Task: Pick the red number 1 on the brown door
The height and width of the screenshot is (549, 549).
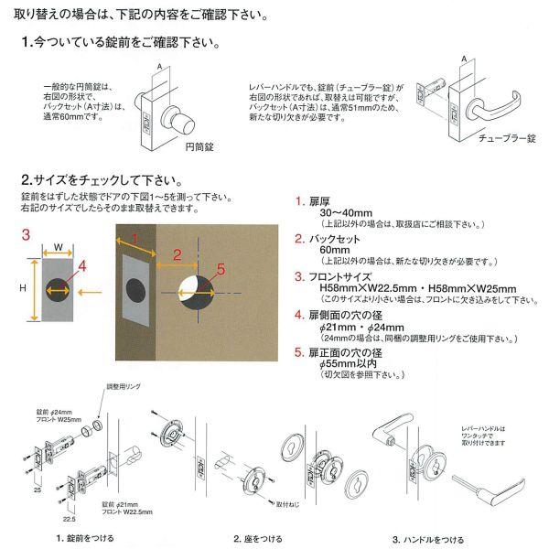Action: tap(134, 240)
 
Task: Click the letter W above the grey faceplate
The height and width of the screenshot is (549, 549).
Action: tap(58, 245)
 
